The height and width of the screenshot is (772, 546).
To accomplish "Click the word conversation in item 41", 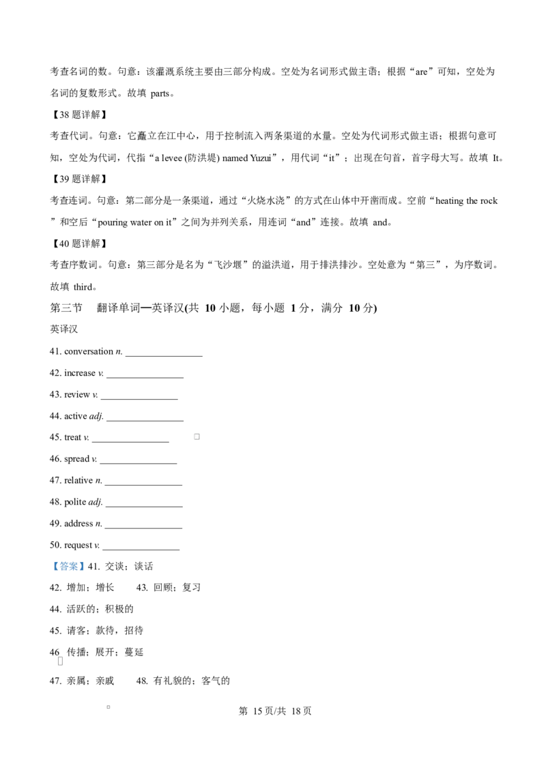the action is point(89,351).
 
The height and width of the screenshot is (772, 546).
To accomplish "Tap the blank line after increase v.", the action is point(145,378).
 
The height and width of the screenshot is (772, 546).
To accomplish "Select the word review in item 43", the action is point(77,395).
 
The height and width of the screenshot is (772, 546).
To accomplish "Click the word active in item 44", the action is point(75,416).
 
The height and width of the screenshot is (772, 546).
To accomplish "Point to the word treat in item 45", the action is point(72,437).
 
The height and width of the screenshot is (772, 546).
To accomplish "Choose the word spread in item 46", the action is point(77,460).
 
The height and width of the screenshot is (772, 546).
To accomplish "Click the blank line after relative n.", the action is point(143,485).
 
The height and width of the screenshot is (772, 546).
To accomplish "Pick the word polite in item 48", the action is point(75,502).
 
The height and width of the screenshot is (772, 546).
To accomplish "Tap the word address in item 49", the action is point(78,523).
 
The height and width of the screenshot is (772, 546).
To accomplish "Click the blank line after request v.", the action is point(141,550).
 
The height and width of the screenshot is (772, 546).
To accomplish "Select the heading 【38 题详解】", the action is point(79,115).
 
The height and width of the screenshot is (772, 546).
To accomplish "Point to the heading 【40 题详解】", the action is point(79,243).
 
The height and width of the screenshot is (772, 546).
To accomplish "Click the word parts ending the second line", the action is point(160,93).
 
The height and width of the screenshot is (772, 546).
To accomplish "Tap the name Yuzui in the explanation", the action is point(260,158).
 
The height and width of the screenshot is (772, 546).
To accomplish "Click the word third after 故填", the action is point(83,287).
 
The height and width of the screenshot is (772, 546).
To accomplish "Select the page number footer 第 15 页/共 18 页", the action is point(275,711).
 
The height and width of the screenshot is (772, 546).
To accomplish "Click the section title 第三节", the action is point(66,308).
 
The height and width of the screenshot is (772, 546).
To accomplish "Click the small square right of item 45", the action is point(197,436).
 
